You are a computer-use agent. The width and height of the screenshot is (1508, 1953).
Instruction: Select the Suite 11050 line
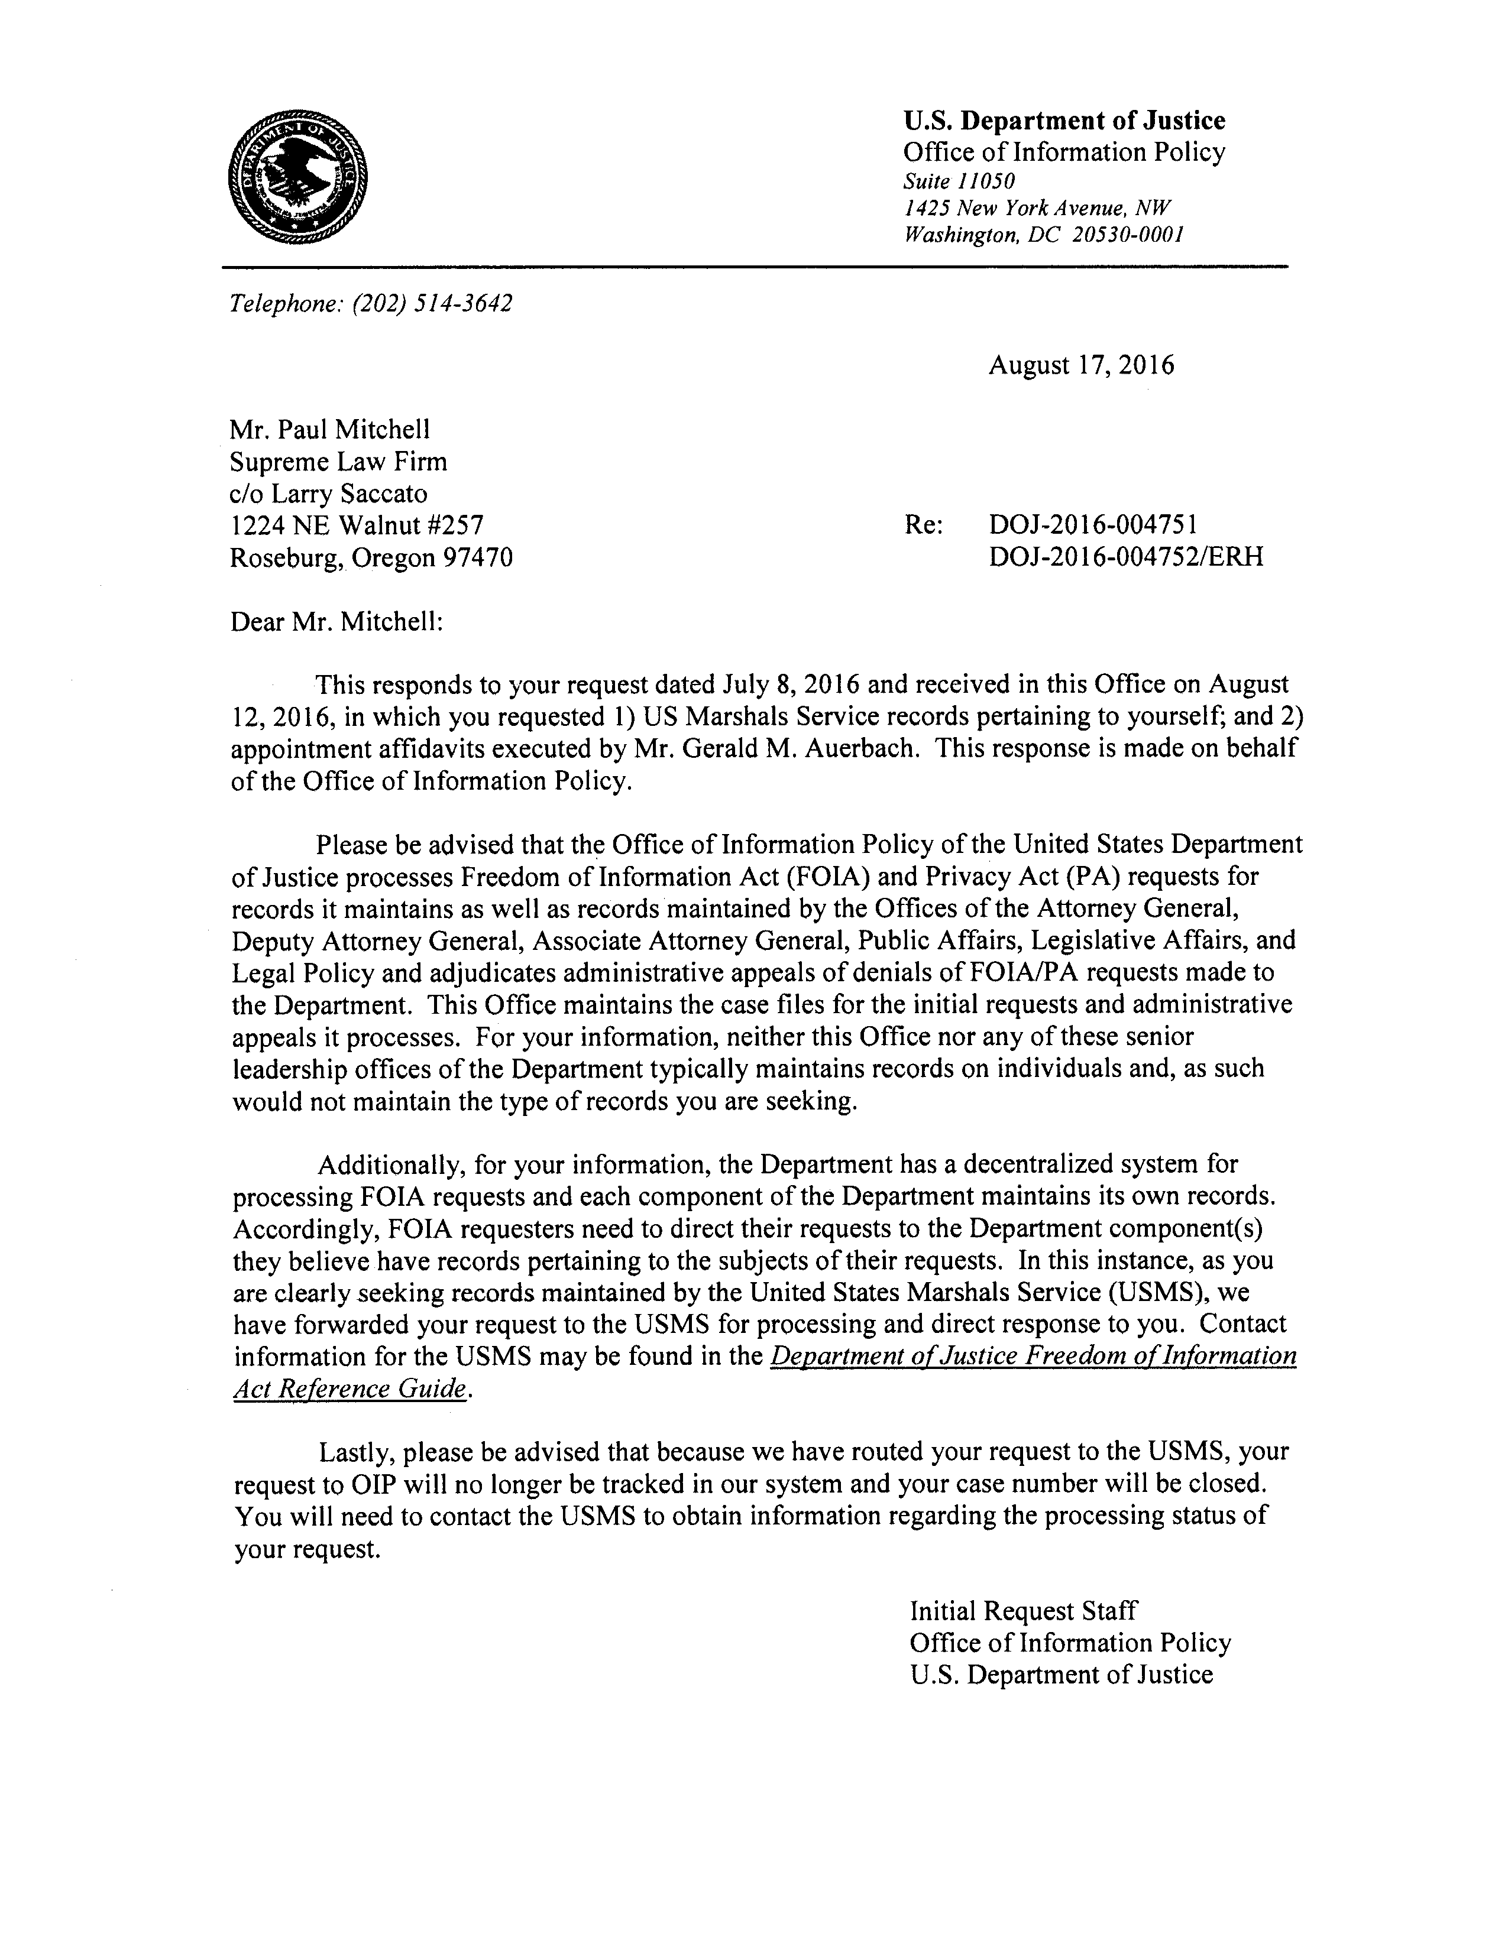(x=959, y=181)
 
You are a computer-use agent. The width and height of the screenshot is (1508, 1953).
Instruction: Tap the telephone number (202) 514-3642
(x=432, y=304)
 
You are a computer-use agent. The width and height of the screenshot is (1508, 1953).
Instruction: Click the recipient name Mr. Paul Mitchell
(x=329, y=430)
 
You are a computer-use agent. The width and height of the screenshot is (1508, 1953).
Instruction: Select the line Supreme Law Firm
(x=338, y=462)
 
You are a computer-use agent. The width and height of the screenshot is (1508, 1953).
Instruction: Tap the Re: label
(x=923, y=526)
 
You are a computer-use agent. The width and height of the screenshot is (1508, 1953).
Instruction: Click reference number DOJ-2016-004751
(x=1093, y=526)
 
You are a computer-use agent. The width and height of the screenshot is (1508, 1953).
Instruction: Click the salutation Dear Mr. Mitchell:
(x=337, y=621)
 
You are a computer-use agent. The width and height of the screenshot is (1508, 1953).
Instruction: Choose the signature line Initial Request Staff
(x=1023, y=1611)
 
